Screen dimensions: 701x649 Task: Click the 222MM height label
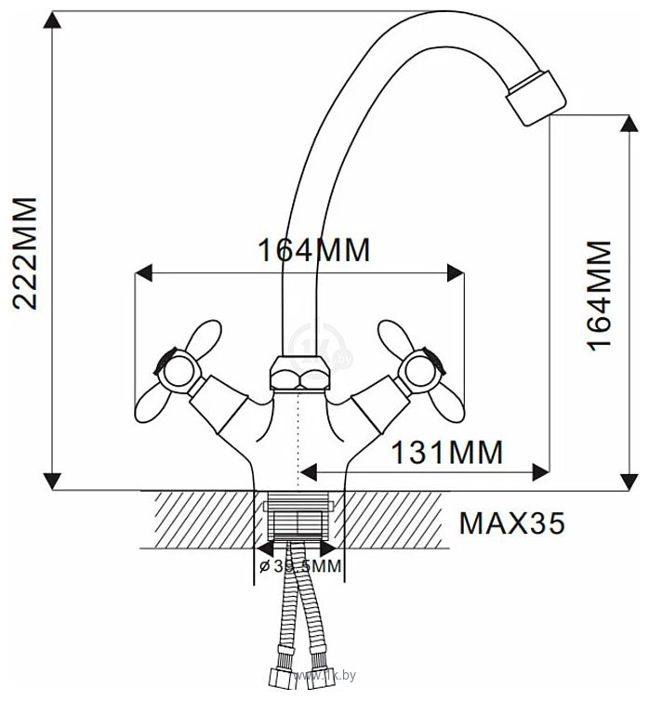pyautogui.click(x=23, y=253)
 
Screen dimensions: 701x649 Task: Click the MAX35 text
pyautogui.click(x=511, y=524)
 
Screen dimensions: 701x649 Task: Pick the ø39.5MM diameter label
pyautogui.click(x=299, y=566)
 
